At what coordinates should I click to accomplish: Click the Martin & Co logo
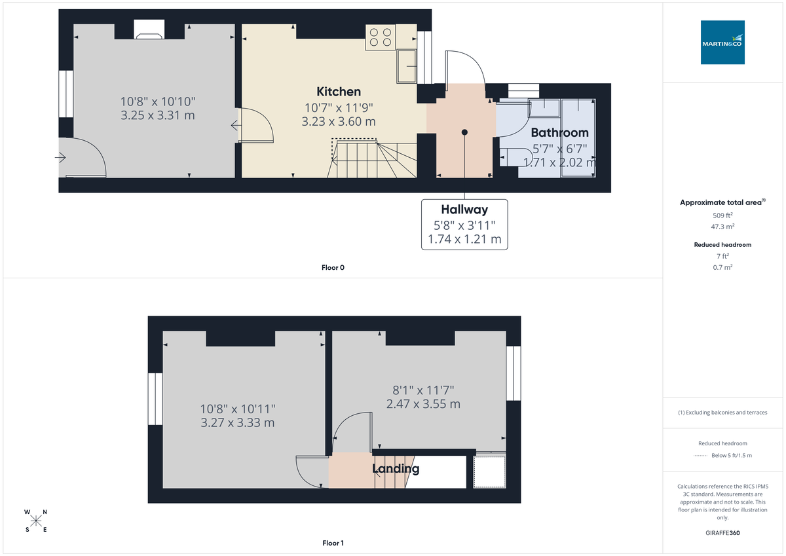click(722, 42)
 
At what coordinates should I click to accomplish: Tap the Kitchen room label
click(339, 91)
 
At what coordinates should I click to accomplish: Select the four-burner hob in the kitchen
click(381, 37)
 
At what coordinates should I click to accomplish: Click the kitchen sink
click(406, 66)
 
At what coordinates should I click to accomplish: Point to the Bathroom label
click(559, 132)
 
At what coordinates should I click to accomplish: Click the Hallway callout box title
click(464, 210)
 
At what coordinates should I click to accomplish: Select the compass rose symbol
click(36, 521)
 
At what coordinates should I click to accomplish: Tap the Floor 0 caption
click(333, 267)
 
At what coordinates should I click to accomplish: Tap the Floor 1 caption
click(333, 543)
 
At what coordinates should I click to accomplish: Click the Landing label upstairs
click(396, 469)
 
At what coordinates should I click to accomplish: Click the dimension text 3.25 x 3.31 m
click(158, 116)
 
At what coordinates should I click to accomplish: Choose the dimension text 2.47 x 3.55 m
click(423, 404)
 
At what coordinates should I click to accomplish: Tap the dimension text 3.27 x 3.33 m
click(237, 423)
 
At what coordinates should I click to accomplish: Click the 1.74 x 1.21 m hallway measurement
click(464, 240)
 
